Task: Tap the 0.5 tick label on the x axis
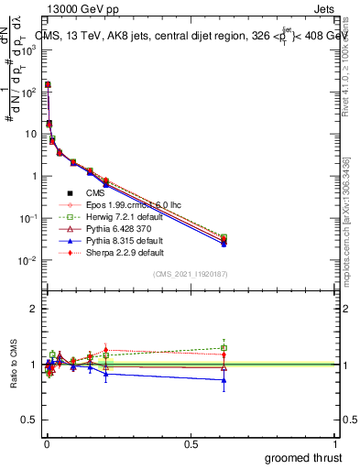(191, 445)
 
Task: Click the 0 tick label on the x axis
(46, 445)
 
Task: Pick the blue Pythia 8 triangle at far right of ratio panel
(224, 379)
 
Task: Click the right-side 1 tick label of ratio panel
(344, 365)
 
